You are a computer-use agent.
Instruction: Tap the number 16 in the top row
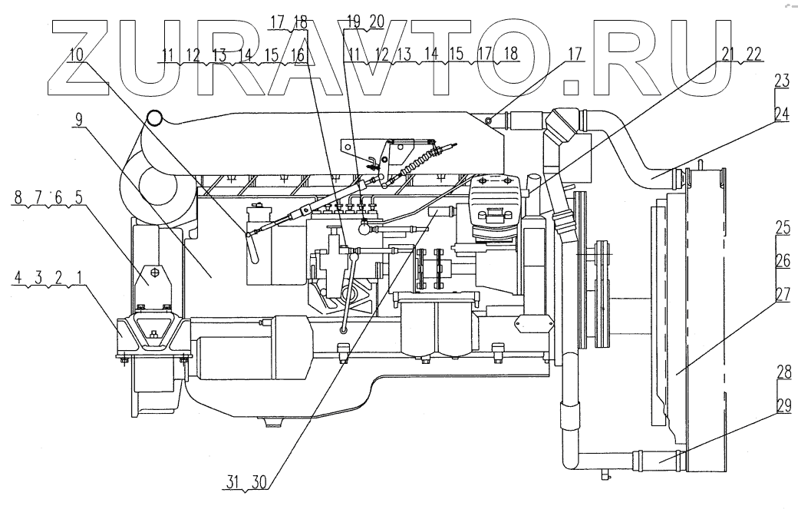pyautogui.click(x=297, y=55)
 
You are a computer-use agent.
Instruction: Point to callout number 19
pyautogui.click(x=353, y=21)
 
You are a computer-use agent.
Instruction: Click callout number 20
pyautogui.click(x=375, y=21)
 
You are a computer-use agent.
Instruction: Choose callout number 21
pyautogui.click(x=728, y=53)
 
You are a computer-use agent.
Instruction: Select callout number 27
pyautogui.click(x=782, y=295)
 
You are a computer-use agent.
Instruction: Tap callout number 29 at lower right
pyautogui.click(x=782, y=408)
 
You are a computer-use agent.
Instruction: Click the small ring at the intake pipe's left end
pyautogui.click(x=154, y=117)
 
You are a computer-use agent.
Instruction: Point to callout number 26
pyautogui.click(x=782, y=261)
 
